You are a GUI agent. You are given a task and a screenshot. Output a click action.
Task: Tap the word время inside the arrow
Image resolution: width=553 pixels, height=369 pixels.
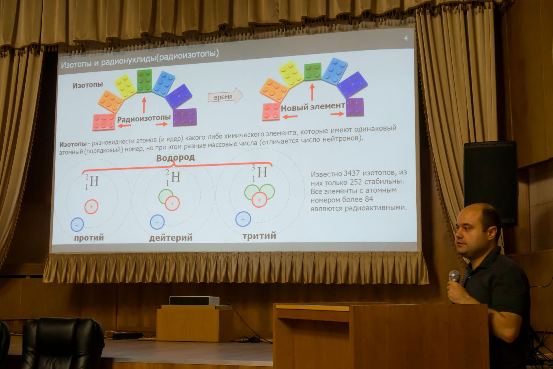tap(223, 97)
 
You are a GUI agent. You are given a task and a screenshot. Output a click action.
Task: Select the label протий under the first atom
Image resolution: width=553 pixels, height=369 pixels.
tap(89, 238)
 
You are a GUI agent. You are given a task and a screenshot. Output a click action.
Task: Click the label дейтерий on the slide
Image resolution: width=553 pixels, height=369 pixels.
tap(171, 238)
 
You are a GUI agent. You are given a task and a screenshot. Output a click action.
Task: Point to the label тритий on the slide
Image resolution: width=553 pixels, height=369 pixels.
tap(259, 236)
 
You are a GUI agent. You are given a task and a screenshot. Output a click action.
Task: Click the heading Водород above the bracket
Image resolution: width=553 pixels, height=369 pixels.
tap(175, 158)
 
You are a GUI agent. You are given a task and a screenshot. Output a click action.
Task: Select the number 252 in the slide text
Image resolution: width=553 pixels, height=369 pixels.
tap(356, 182)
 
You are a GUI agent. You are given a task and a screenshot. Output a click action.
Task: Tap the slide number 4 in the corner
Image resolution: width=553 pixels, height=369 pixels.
tap(406, 38)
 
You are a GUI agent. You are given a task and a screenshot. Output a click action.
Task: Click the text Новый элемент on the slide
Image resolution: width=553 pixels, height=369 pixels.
tap(313, 107)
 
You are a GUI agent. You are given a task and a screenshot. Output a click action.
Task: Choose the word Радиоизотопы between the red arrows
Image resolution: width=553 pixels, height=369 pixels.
tap(144, 119)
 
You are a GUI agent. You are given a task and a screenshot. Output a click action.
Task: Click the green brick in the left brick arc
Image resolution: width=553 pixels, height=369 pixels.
tap(144, 81)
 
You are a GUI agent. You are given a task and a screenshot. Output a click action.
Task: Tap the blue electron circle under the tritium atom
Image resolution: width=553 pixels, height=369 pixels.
tap(243, 219)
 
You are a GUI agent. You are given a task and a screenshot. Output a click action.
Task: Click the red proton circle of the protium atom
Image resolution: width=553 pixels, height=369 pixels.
tap(91, 206)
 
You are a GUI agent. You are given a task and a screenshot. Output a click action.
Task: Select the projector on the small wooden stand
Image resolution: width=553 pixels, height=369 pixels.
tap(194, 301)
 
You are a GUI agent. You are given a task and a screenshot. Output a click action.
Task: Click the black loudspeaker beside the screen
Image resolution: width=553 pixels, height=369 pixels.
tap(490, 183)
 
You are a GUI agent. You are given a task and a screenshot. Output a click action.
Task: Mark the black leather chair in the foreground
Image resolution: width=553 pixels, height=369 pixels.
tap(63, 344)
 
